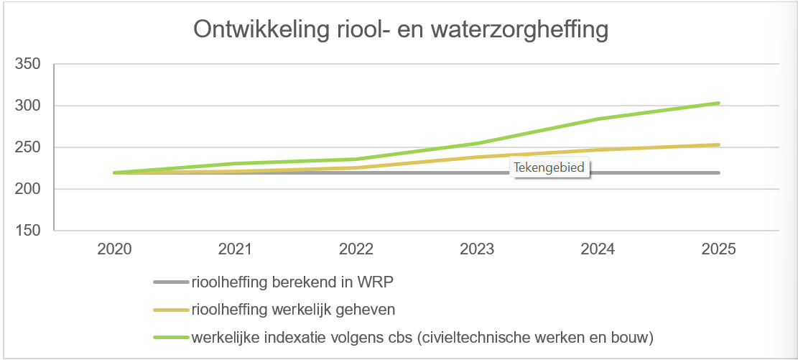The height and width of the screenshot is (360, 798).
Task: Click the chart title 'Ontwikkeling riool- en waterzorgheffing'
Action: (x=401, y=29)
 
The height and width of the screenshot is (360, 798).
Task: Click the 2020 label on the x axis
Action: (x=114, y=249)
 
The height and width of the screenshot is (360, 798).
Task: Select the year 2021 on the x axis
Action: (x=235, y=249)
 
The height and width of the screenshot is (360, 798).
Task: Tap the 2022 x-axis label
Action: (x=356, y=249)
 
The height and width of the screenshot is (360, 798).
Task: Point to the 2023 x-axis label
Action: (x=477, y=249)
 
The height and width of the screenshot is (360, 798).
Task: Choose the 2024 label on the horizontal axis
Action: (x=598, y=249)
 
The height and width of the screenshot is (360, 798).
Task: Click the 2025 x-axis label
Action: (x=718, y=249)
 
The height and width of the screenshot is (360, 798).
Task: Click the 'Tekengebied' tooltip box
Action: (x=549, y=168)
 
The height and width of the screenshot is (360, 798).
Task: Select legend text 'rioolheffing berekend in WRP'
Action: (x=292, y=282)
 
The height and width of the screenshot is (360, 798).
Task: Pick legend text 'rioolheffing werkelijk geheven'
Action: (x=294, y=310)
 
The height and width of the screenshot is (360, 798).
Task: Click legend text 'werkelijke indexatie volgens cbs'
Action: (x=423, y=336)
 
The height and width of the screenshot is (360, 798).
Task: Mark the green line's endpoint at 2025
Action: (x=718, y=103)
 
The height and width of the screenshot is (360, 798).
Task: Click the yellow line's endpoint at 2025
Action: (x=718, y=144)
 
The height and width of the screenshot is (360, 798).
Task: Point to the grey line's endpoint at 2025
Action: (x=718, y=172)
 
